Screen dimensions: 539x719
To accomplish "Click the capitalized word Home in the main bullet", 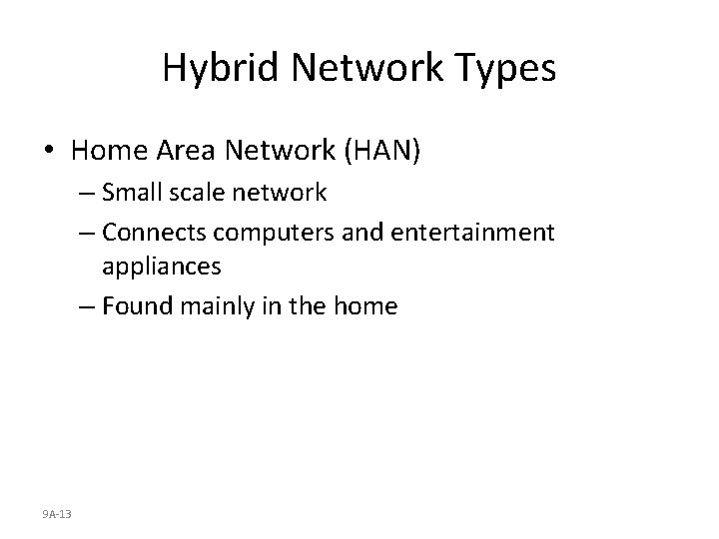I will pyautogui.click(x=109, y=151).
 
